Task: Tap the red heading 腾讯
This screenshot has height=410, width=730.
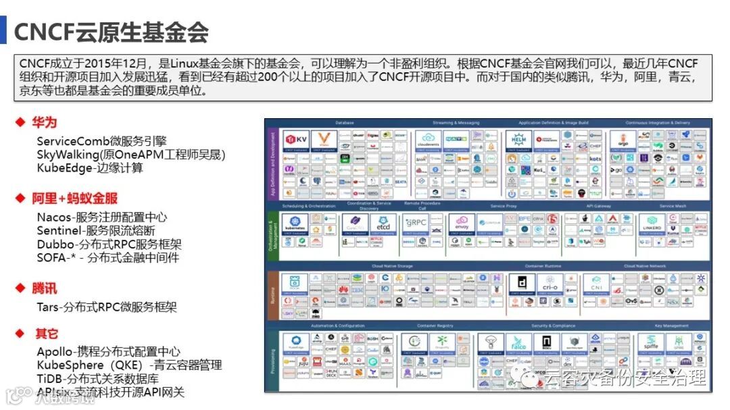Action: [45, 288]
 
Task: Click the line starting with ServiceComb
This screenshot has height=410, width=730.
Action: [101, 141]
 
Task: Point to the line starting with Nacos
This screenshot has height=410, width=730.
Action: [102, 217]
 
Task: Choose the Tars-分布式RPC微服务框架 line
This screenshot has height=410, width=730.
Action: [107, 307]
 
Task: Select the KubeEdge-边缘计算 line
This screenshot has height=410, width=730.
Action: [90, 168]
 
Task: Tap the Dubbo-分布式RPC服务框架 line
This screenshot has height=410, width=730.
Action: [109, 244]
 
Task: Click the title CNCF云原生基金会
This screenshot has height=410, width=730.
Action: [111, 32]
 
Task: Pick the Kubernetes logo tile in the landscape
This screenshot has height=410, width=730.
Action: [295, 224]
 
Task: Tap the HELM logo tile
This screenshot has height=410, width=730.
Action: [517, 140]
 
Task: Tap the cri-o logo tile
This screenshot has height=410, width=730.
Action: [551, 284]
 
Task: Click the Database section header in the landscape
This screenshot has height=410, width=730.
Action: [345, 123]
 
